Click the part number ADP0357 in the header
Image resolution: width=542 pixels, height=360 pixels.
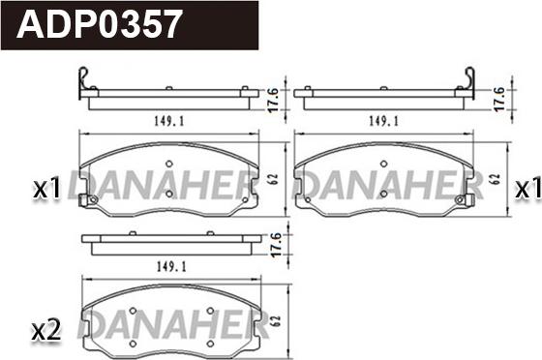coord(99,24)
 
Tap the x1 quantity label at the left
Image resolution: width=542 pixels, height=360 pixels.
coord(46,190)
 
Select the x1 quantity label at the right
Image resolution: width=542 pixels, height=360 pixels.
coord(527,190)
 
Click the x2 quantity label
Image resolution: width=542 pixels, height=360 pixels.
coord(46,331)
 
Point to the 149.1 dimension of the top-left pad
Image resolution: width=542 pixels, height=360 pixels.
coord(169,121)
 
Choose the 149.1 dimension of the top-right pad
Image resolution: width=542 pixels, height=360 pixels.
coord(383,121)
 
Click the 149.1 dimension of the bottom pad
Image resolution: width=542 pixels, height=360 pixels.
coord(171,267)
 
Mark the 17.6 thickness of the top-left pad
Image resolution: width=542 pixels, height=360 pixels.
coord(273,100)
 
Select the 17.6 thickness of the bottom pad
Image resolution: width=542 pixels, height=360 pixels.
coord(276,245)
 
